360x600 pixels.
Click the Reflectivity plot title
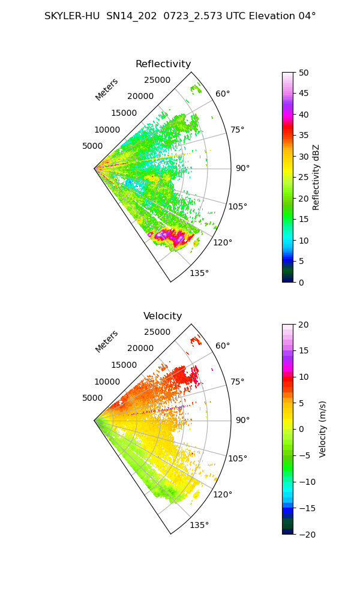163,64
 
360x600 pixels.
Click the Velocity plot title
163,316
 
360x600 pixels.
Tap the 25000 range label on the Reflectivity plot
157,80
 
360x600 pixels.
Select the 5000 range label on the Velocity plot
92,398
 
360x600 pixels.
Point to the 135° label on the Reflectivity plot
199,273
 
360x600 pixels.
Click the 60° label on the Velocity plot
223,346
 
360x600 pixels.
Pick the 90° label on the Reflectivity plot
242,168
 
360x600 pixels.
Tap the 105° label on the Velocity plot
238,458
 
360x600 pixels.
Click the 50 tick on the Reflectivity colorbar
304,73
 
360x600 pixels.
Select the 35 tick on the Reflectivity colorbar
304,136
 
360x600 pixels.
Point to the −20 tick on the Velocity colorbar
307,535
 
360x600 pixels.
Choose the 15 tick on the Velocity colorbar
304,350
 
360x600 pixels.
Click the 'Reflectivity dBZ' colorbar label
316,178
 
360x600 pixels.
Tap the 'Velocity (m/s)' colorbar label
323,430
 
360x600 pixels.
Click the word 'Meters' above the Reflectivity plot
107,89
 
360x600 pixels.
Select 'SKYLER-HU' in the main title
72,16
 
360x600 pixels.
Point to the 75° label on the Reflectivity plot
237,130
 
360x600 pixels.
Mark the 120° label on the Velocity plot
223,494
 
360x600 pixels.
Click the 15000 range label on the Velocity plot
124,365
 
